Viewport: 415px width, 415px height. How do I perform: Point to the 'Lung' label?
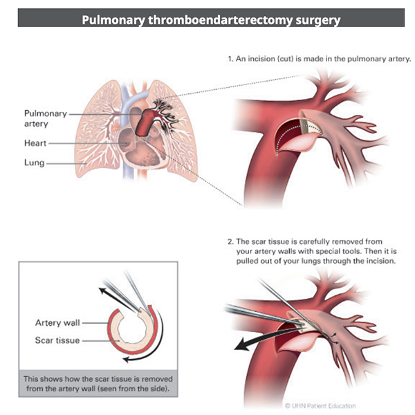coord(34,163)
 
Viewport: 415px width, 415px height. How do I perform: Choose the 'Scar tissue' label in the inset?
coord(57,340)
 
